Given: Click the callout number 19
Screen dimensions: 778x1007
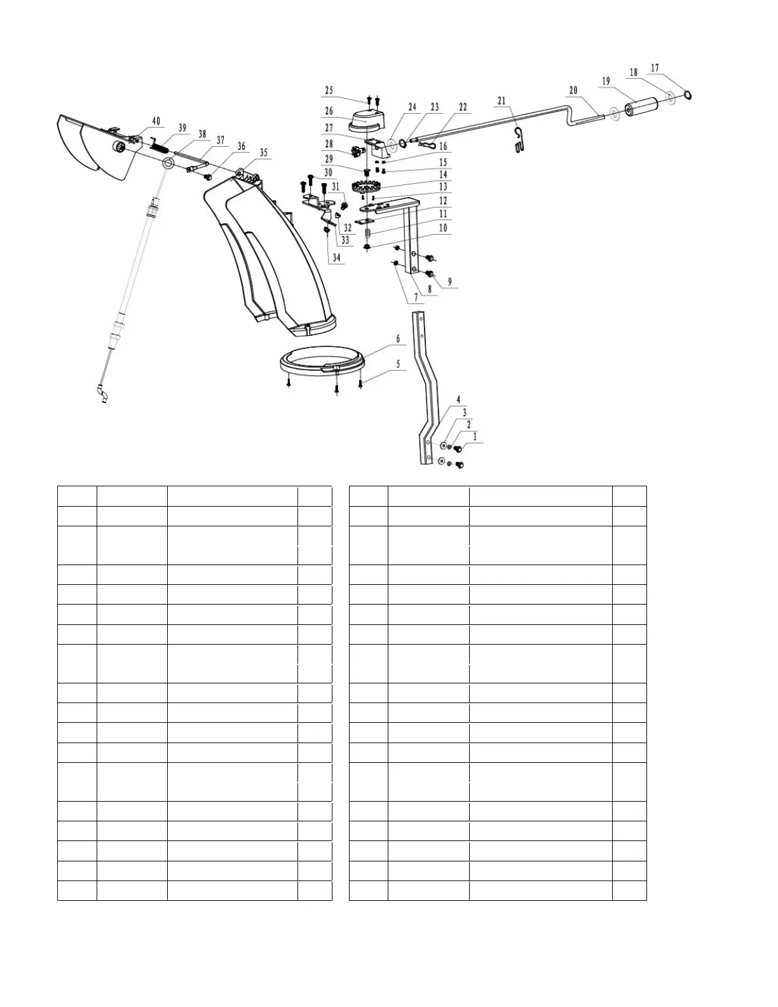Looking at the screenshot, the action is [x=605, y=81].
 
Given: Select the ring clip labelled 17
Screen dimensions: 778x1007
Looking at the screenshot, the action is [x=688, y=95].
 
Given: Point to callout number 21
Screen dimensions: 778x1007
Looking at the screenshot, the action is [x=502, y=101].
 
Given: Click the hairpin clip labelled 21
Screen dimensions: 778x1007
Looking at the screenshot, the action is [x=520, y=139].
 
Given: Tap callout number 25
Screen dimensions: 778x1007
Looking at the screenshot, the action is [x=329, y=91].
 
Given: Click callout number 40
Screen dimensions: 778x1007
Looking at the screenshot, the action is [x=156, y=121].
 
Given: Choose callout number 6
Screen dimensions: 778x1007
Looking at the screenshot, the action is [x=399, y=339].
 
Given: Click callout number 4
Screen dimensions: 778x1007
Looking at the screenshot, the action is [x=458, y=400].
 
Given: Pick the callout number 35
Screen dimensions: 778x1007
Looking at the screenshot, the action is [x=263, y=153].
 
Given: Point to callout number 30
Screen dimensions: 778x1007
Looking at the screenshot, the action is [x=328, y=172].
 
